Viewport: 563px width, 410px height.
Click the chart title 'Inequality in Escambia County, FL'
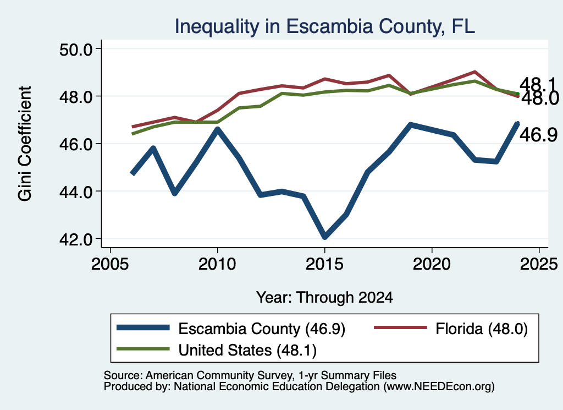(324, 26)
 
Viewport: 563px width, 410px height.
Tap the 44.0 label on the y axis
(76, 192)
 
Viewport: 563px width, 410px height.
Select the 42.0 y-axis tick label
(76, 239)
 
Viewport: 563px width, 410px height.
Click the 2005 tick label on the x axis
(110, 264)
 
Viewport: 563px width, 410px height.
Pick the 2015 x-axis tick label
(324, 264)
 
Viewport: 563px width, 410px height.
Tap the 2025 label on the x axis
(539, 264)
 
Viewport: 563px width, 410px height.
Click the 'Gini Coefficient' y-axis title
(25, 144)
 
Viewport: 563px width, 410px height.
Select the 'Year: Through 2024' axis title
(324, 298)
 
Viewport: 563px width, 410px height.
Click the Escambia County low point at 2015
(324, 237)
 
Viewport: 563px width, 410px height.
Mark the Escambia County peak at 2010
(217, 129)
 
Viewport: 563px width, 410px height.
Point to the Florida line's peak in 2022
(474, 72)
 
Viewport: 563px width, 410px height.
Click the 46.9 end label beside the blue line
(539, 135)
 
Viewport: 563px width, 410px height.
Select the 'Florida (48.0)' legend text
(482, 329)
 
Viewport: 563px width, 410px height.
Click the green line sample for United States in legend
(143, 349)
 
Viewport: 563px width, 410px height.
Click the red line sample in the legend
(400, 327)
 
